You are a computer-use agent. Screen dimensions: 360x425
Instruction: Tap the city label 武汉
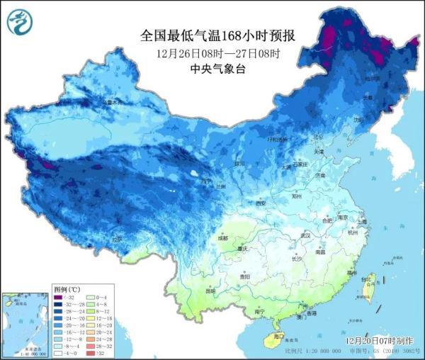click(306, 235)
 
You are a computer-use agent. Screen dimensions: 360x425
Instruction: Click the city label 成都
click(223, 239)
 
